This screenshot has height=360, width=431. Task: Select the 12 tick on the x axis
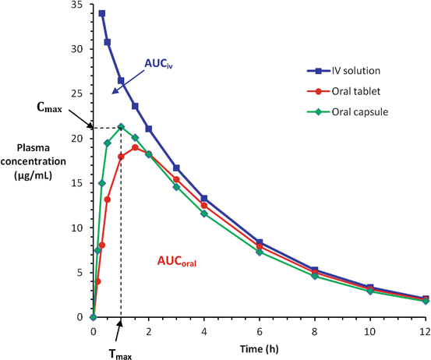click(x=425, y=330)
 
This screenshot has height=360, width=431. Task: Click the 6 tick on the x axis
click(x=259, y=330)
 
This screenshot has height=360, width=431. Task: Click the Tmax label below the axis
click(x=119, y=349)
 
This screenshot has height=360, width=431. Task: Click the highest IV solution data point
click(x=102, y=13)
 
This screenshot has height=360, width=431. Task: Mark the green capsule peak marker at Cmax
click(x=121, y=127)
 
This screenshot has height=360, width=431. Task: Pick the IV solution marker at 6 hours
click(x=259, y=242)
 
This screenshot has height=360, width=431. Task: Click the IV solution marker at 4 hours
click(x=203, y=199)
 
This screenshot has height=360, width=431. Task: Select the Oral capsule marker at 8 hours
click(x=314, y=276)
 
